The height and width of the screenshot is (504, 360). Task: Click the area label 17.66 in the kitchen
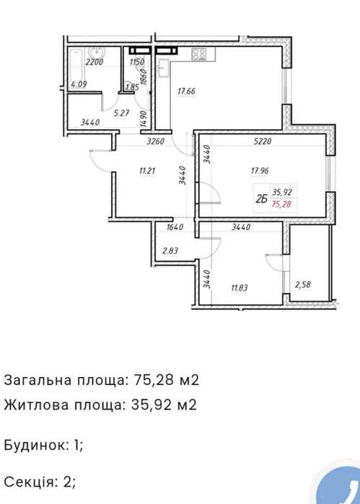click(186, 92)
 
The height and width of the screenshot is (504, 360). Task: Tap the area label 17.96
click(260, 171)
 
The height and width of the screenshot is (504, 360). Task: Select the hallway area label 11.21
click(147, 171)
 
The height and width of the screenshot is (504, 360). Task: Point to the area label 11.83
click(239, 288)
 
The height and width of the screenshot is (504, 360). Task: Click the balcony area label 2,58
click(302, 285)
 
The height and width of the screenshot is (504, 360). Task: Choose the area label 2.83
click(170, 251)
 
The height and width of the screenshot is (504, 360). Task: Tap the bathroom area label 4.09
click(79, 84)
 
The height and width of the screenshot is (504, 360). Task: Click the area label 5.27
click(122, 113)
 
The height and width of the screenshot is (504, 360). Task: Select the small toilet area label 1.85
click(132, 87)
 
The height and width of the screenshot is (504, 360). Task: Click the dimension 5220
click(263, 141)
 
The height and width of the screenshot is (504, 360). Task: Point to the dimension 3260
click(156, 141)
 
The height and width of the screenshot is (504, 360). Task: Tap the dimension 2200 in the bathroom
click(94, 62)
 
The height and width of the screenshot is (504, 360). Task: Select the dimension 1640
click(175, 227)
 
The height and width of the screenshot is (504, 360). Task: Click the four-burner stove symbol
click(199, 54)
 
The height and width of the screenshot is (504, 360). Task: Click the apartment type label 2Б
click(262, 200)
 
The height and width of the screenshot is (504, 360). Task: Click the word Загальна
click(38, 380)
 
